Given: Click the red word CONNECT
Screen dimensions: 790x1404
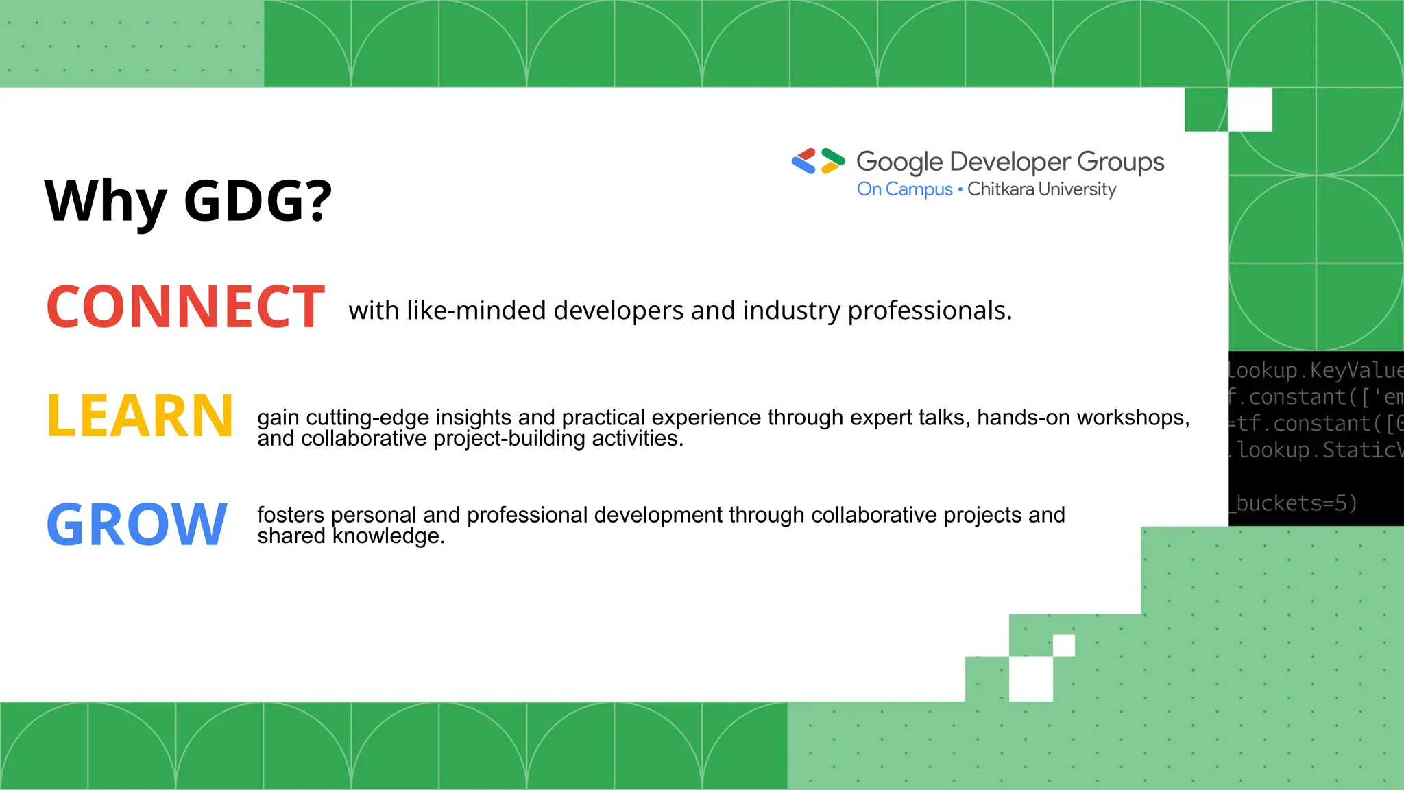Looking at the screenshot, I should pyautogui.click(x=185, y=307).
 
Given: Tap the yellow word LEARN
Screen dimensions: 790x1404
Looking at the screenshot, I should pyautogui.click(x=140, y=416).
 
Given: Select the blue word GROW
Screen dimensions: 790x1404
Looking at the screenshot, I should pyautogui.click(x=136, y=525).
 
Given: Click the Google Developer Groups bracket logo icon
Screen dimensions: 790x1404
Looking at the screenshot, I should pyautogui.click(x=818, y=161).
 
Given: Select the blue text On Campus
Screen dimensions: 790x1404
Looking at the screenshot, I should pyautogui.click(x=904, y=189).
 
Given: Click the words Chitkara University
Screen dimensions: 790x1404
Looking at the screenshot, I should pyautogui.click(x=1041, y=189).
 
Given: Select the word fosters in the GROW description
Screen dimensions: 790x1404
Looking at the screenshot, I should pyautogui.click(x=290, y=514).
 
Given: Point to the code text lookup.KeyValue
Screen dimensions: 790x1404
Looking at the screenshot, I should pyautogui.click(x=1313, y=370).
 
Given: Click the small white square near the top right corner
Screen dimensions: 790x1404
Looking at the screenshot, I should pyautogui.click(x=1250, y=110).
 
